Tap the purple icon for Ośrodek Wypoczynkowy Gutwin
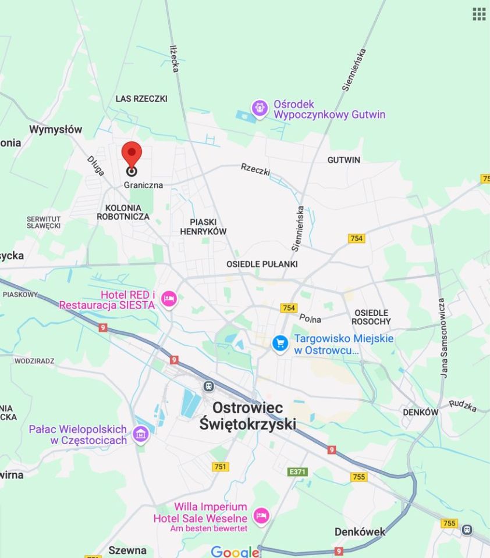260,108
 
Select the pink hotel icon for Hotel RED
169,299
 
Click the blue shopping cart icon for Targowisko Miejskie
280,344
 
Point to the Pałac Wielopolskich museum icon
140,434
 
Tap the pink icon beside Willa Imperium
261,516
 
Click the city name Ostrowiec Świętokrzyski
248,416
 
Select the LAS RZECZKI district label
141,99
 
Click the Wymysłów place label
56,129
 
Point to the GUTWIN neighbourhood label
343,160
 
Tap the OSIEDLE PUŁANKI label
262,264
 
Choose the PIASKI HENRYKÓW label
203,227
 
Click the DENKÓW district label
420,412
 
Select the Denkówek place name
360,531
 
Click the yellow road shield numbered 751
221,466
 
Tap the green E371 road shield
297,472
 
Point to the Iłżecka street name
174,59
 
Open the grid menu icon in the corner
479,14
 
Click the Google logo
235,552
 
